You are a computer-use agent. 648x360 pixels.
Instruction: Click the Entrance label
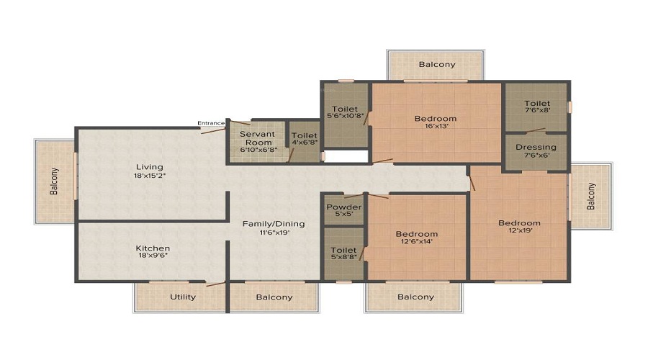click(211, 122)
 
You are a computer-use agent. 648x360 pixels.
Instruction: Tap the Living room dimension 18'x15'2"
click(150, 175)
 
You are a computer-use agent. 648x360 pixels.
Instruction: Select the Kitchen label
click(153, 248)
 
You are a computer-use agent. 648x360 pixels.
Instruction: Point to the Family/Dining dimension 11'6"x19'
click(274, 233)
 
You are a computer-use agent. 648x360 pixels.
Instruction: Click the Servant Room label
click(257, 138)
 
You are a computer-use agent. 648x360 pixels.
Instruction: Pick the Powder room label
click(344, 207)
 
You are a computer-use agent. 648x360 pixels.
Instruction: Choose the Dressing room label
click(536, 147)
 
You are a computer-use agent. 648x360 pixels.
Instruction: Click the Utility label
click(183, 297)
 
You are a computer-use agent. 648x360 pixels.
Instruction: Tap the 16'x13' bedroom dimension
click(436, 126)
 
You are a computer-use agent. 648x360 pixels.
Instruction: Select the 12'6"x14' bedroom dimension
click(417, 241)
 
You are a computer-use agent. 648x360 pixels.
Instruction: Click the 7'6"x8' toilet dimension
click(537, 110)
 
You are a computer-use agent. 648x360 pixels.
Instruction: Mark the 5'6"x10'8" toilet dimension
click(345, 116)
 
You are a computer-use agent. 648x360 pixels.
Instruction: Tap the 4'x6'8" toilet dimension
click(305, 143)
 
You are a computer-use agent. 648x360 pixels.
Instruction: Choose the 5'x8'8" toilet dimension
click(344, 256)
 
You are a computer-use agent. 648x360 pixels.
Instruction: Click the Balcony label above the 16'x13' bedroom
click(437, 64)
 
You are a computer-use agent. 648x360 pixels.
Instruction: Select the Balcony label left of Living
click(54, 181)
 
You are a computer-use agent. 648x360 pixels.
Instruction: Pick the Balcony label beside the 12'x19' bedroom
click(591, 196)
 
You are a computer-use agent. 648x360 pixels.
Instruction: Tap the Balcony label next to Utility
click(274, 297)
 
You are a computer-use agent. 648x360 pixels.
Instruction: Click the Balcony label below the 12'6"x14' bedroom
click(415, 297)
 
